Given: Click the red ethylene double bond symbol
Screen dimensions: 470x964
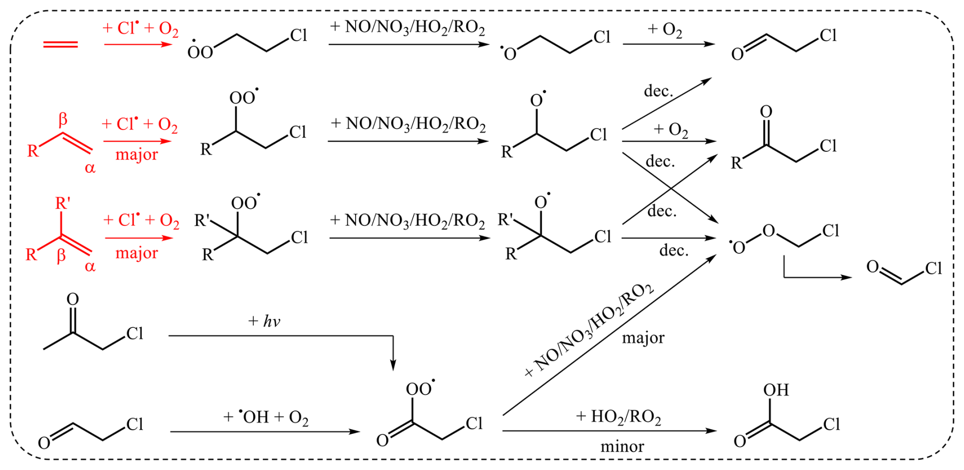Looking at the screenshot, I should click(x=60, y=45).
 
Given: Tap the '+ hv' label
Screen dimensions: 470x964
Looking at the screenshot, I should click(x=264, y=321).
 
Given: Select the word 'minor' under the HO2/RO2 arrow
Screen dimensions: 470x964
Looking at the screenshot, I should click(x=622, y=447).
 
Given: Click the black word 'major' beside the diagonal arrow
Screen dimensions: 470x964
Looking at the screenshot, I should click(x=643, y=338).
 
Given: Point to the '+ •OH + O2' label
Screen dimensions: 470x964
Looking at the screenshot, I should click(x=265, y=417).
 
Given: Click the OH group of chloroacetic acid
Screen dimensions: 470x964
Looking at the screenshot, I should click(x=775, y=390).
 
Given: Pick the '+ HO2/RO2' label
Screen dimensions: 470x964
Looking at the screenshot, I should click(x=618, y=417).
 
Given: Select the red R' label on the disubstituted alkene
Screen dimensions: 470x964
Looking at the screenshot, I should click(x=63, y=203).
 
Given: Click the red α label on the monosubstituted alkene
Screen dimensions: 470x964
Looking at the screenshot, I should click(x=90, y=168).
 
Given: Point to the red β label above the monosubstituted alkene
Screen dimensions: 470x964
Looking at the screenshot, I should click(x=63, y=120).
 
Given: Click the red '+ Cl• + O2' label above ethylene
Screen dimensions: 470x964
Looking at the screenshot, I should click(x=140, y=29).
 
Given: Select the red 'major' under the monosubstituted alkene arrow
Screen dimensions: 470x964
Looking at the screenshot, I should click(x=137, y=154).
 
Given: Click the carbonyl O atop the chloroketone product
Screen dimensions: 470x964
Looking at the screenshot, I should click(x=766, y=112).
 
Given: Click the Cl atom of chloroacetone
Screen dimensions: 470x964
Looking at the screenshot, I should click(x=135, y=333).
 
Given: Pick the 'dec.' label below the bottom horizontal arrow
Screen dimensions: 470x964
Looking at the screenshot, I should click(x=674, y=250).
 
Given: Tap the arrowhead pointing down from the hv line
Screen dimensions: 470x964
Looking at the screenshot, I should click(x=393, y=365).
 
